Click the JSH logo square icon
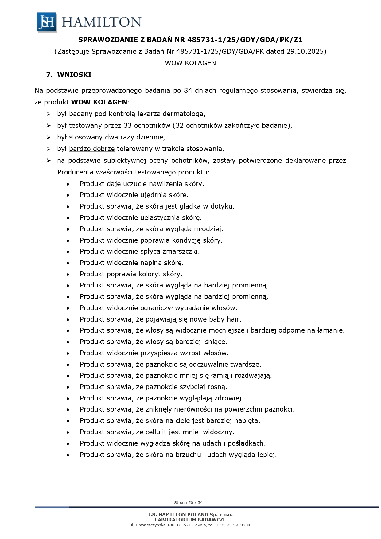coord(47,22)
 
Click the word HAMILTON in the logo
coord(102,22)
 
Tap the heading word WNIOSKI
coord(74,75)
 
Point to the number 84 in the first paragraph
coord(188,91)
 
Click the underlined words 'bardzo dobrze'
coord(92,149)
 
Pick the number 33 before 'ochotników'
coord(128,126)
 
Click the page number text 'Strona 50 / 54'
coord(188,503)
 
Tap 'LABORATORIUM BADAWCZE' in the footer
coord(190,520)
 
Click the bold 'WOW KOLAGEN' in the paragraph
coord(99,102)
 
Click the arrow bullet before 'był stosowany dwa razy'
coord(48,137)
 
